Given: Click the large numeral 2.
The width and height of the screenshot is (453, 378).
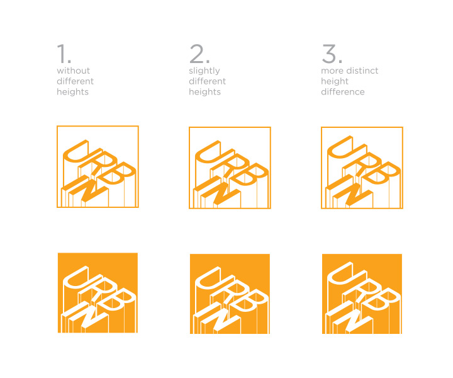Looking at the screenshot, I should click(x=197, y=54).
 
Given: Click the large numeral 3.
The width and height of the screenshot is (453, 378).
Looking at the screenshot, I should click(x=330, y=54).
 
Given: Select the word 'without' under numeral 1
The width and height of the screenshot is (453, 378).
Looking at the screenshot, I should click(x=74, y=71).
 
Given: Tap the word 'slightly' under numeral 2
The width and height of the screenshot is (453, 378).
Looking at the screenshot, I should click(x=204, y=71).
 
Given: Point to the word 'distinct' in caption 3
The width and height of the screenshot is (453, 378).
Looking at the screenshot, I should click(x=362, y=71).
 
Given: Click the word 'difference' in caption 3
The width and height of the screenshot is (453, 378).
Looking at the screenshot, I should click(x=343, y=92).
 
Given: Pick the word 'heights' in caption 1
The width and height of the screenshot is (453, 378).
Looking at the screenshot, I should click(x=72, y=92).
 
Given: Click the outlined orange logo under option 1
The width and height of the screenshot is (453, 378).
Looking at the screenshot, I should click(x=98, y=167).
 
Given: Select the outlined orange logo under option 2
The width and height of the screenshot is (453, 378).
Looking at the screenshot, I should click(x=230, y=168).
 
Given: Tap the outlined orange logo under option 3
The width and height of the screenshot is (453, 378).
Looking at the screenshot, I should click(x=362, y=168).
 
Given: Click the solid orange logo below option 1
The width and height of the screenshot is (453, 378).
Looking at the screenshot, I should click(x=98, y=293).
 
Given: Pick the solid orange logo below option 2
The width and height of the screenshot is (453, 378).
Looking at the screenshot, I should click(x=230, y=294).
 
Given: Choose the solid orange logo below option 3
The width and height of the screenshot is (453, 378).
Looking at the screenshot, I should click(x=362, y=294).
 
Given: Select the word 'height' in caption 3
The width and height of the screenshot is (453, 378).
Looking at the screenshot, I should click(x=335, y=81).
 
